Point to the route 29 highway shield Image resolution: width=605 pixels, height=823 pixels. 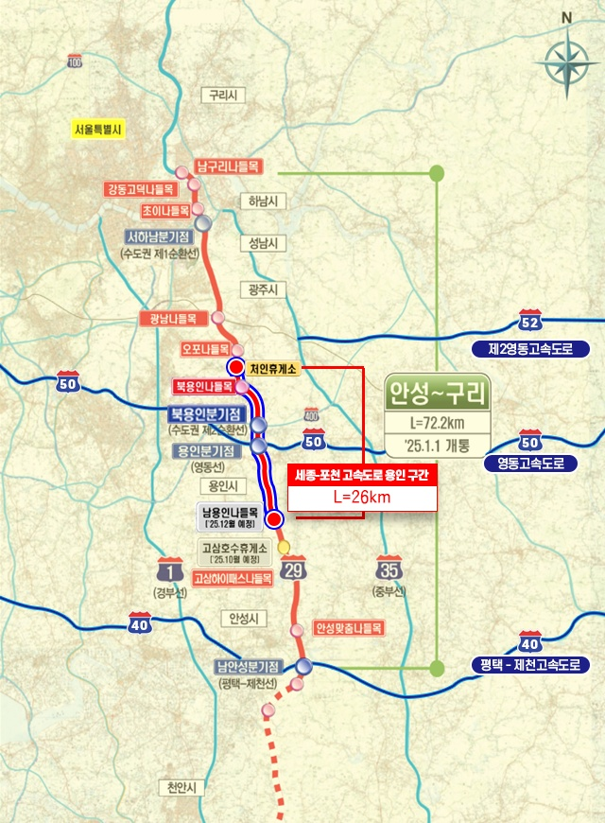[292, 569]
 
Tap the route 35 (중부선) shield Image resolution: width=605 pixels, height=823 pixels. [388, 569]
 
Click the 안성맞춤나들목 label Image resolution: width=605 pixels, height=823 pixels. [347, 627]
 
